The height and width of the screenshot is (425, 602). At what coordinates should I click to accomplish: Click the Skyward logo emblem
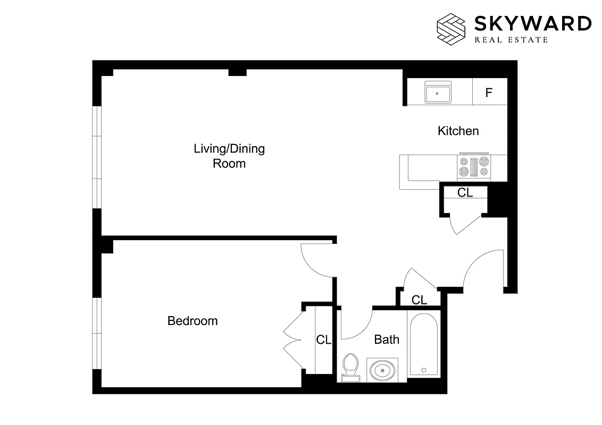point(451,28)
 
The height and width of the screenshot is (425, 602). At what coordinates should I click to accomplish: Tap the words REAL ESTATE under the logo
point(511,39)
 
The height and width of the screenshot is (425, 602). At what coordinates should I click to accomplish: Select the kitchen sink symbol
point(438,93)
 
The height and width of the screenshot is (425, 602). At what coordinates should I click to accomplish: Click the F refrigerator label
point(489,93)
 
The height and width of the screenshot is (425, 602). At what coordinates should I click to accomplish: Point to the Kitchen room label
point(458,131)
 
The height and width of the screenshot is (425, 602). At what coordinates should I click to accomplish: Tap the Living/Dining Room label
point(229,156)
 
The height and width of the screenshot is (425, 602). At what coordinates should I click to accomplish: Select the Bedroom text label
point(193,321)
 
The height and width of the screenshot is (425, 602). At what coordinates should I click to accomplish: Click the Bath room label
point(387,339)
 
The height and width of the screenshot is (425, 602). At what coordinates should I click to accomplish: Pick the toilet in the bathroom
point(350,367)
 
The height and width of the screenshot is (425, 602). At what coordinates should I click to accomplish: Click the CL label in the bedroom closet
point(324,340)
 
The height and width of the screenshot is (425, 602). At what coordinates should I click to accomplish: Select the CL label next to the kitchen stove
point(465,193)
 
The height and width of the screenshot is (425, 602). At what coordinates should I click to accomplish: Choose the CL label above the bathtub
point(419,300)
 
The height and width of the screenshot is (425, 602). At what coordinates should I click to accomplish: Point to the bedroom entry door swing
point(316,260)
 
